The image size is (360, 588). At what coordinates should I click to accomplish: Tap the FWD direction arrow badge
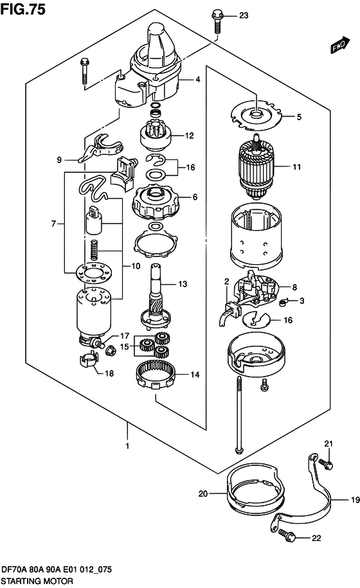339,46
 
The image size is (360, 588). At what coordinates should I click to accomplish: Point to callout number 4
199,80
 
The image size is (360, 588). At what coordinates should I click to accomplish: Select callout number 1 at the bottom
128,445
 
